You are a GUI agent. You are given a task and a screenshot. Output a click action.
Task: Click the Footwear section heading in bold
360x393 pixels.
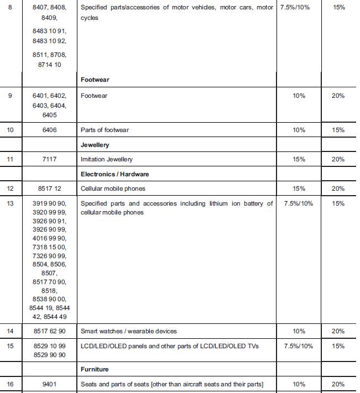point(95,80)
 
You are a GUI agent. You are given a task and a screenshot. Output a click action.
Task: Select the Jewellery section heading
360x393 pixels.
point(95,145)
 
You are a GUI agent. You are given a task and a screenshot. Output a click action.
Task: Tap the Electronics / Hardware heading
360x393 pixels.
point(115,174)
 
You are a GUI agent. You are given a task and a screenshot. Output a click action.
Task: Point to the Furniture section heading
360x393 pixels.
point(95,369)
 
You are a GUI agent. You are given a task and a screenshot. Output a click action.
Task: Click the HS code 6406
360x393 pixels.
point(49,130)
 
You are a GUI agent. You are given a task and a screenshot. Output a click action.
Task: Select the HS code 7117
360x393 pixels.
point(49,159)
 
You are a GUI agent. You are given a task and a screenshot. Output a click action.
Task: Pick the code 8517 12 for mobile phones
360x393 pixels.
point(49,188)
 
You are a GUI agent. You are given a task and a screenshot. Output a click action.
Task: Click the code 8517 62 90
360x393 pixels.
point(49,331)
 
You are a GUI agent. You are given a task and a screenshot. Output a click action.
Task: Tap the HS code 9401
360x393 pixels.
point(49,384)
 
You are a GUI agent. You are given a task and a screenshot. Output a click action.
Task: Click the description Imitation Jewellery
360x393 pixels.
point(107,159)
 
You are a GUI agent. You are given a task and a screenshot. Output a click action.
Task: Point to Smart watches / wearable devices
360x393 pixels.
point(129,331)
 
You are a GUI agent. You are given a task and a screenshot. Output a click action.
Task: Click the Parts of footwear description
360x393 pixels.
point(105,130)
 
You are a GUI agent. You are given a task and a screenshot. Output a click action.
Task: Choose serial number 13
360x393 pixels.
point(10,203)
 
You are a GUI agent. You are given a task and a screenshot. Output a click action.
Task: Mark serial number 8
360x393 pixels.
point(9,8)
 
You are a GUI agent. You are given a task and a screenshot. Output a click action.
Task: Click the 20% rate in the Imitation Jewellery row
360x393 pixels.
point(338,159)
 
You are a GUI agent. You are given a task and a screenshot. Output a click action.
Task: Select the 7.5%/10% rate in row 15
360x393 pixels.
point(299,346)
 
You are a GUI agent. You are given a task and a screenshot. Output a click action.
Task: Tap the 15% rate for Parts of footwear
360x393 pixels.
point(338,130)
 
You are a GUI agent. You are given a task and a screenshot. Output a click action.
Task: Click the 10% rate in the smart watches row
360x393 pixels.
point(299,331)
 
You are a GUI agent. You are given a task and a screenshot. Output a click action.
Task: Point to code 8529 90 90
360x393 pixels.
point(49,355)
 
